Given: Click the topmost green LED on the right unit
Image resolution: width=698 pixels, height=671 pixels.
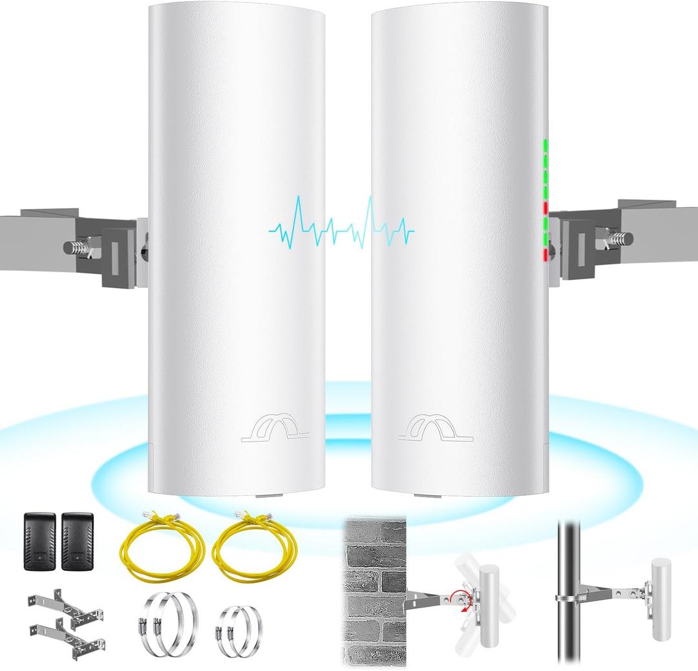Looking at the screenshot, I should coord(546,143).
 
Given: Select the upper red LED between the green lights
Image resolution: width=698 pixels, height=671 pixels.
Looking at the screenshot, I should coord(546,208).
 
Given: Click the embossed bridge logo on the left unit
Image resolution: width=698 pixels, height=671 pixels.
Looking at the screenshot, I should coord(275,429).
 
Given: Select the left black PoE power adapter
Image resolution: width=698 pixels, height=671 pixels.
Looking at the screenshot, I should coord(39,542).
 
